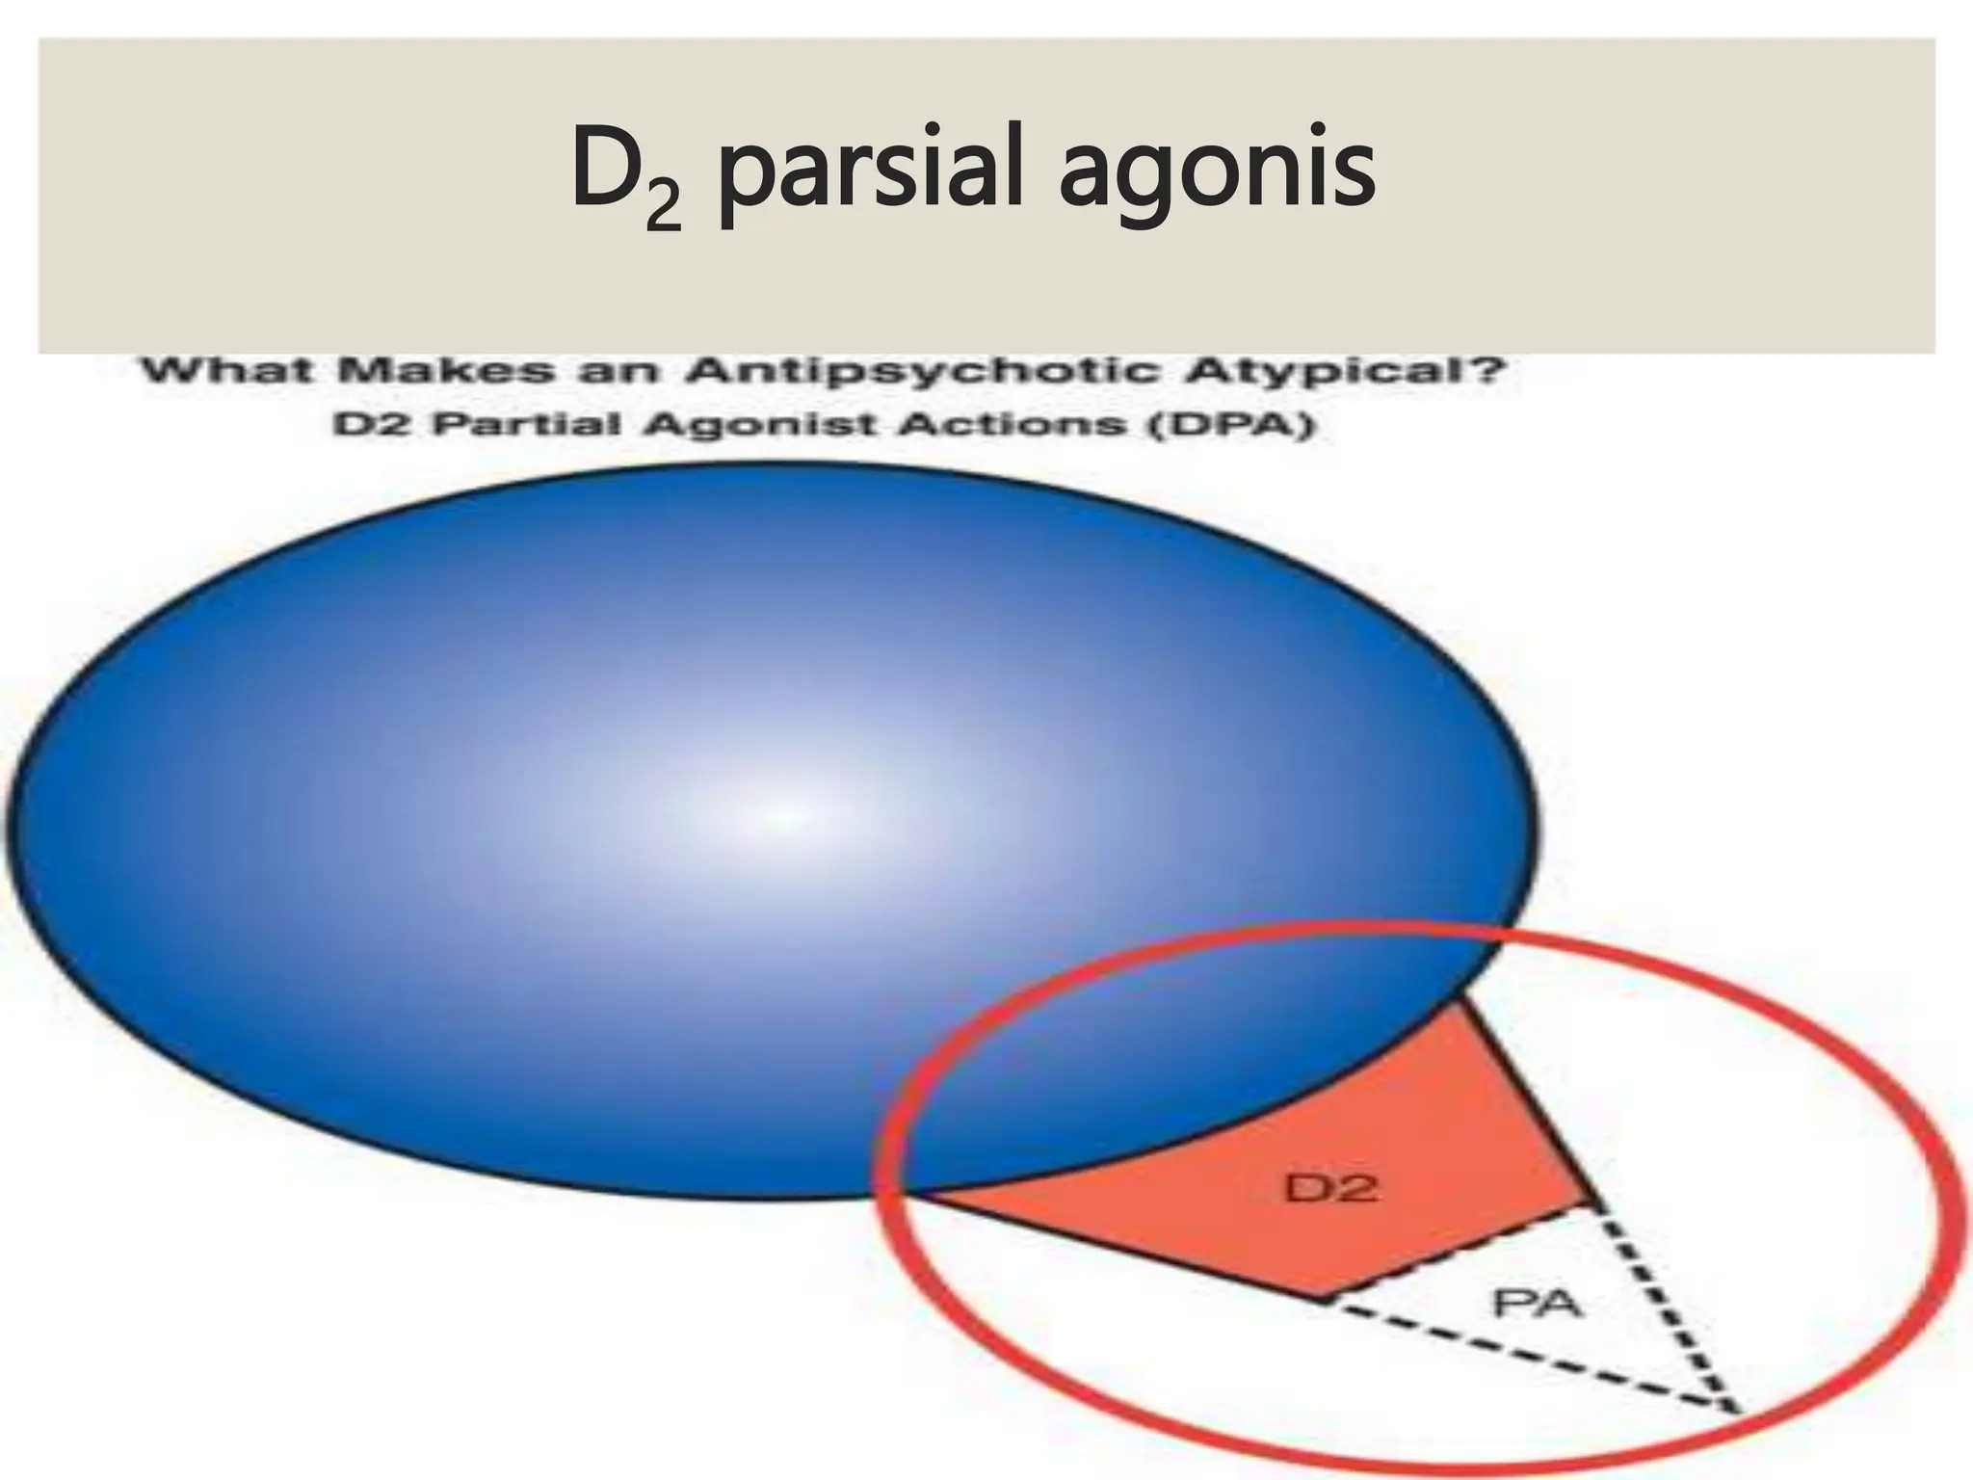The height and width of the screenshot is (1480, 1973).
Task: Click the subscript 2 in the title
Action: [664, 205]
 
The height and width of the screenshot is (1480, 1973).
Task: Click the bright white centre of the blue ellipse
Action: [785, 814]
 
